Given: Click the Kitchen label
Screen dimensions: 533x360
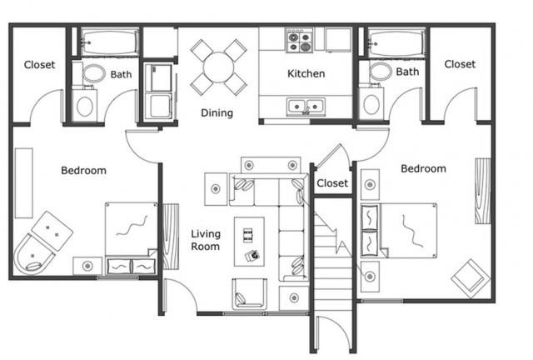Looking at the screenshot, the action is (306, 73).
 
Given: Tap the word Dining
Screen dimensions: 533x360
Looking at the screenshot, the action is (217, 113).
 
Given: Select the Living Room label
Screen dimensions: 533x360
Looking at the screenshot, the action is (206, 240).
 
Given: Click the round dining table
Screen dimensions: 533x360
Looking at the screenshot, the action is (218, 67).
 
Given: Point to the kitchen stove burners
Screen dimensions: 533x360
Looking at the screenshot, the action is (299, 41).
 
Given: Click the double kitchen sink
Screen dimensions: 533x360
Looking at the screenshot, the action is (306, 107).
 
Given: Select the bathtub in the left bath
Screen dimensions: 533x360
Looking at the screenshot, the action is (110, 42).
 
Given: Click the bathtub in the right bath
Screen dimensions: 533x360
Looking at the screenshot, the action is (396, 42).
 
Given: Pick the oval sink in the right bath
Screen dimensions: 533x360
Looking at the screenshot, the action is (380, 72).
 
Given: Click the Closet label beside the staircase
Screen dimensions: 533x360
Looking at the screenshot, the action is (332, 183).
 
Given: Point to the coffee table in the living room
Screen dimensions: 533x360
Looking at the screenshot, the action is (249, 242).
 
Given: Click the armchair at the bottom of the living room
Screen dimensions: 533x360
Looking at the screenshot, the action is (249, 294).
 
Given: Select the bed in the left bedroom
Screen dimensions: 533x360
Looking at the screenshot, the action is (131, 238).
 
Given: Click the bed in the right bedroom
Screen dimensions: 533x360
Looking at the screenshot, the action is (398, 230).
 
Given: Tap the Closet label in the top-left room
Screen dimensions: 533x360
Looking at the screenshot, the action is (39, 65).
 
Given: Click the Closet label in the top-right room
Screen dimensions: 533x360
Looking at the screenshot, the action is (460, 64).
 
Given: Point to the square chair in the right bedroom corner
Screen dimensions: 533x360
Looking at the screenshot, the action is (471, 278).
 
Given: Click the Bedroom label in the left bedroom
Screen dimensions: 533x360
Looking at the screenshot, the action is (83, 171).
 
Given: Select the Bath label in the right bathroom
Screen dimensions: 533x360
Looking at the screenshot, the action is (407, 72).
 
